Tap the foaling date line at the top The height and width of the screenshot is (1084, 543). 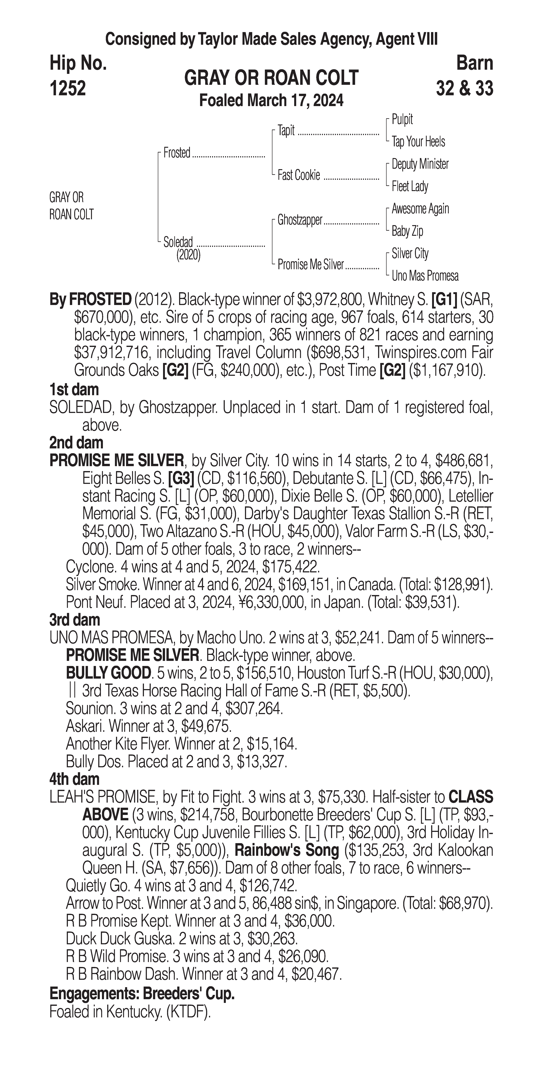tap(271, 101)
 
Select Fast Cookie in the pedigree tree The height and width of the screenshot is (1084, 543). tap(298, 175)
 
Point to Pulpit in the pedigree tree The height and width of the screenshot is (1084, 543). tap(402, 120)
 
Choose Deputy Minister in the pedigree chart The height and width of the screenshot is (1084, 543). tap(420, 164)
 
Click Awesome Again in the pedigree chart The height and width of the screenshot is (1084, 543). tap(420, 209)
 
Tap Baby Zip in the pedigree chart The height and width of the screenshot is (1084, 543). tap(407, 231)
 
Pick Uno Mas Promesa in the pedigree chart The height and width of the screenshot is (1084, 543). tap(425, 276)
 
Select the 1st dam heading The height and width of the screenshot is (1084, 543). tap(74, 390)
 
